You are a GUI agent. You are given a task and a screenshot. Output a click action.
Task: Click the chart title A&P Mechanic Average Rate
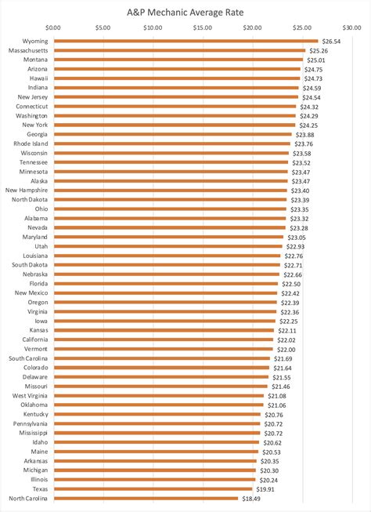[185, 12]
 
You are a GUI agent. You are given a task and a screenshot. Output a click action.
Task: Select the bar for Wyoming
[185, 42]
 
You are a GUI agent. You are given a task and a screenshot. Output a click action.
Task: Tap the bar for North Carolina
[146, 498]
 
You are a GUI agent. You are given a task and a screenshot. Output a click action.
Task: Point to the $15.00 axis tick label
[203, 27]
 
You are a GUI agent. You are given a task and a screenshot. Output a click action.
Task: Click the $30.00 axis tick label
[352, 27]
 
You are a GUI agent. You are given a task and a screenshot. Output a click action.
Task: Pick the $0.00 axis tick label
[53, 27]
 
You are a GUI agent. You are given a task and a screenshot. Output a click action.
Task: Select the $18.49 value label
[251, 498]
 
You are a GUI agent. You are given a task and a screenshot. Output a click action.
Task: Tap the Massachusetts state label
[27, 50]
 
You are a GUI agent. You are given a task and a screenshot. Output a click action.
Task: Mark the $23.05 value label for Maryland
[297, 237]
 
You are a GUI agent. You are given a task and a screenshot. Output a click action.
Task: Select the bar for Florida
[165, 284]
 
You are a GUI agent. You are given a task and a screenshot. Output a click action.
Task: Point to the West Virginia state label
[29, 395]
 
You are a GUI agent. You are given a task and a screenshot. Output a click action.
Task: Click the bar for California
[164, 340]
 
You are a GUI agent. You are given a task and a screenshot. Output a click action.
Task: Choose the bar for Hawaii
[177, 78]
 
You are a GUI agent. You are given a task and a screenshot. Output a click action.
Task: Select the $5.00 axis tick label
[103, 27]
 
